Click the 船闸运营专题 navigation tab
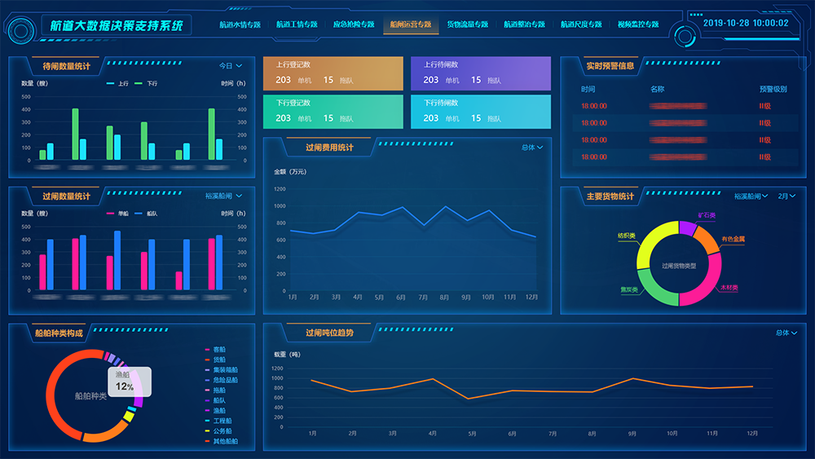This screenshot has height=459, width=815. [x=410, y=25]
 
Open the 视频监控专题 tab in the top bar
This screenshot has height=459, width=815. [x=637, y=25]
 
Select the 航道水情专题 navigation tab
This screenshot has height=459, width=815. [x=240, y=25]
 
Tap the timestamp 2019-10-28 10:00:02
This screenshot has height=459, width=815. [x=745, y=23]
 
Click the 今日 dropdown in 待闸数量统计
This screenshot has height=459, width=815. [x=231, y=66]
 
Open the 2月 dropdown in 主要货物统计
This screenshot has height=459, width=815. [x=786, y=196]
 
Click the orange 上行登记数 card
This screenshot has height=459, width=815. [x=333, y=73]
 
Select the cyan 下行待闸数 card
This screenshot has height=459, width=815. [x=481, y=112]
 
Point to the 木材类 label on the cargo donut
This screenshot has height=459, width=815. [x=729, y=289]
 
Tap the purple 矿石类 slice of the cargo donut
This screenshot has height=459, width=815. [x=687, y=227]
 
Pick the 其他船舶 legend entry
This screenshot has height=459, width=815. [x=225, y=441]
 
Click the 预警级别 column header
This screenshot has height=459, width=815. [x=772, y=89]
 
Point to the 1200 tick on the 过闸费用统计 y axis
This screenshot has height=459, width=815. [x=280, y=189]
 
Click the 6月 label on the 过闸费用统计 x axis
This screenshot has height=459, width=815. [x=401, y=298]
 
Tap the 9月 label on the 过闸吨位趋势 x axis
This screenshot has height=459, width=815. [x=632, y=434]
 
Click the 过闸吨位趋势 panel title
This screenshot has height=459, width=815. [x=329, y=333]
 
